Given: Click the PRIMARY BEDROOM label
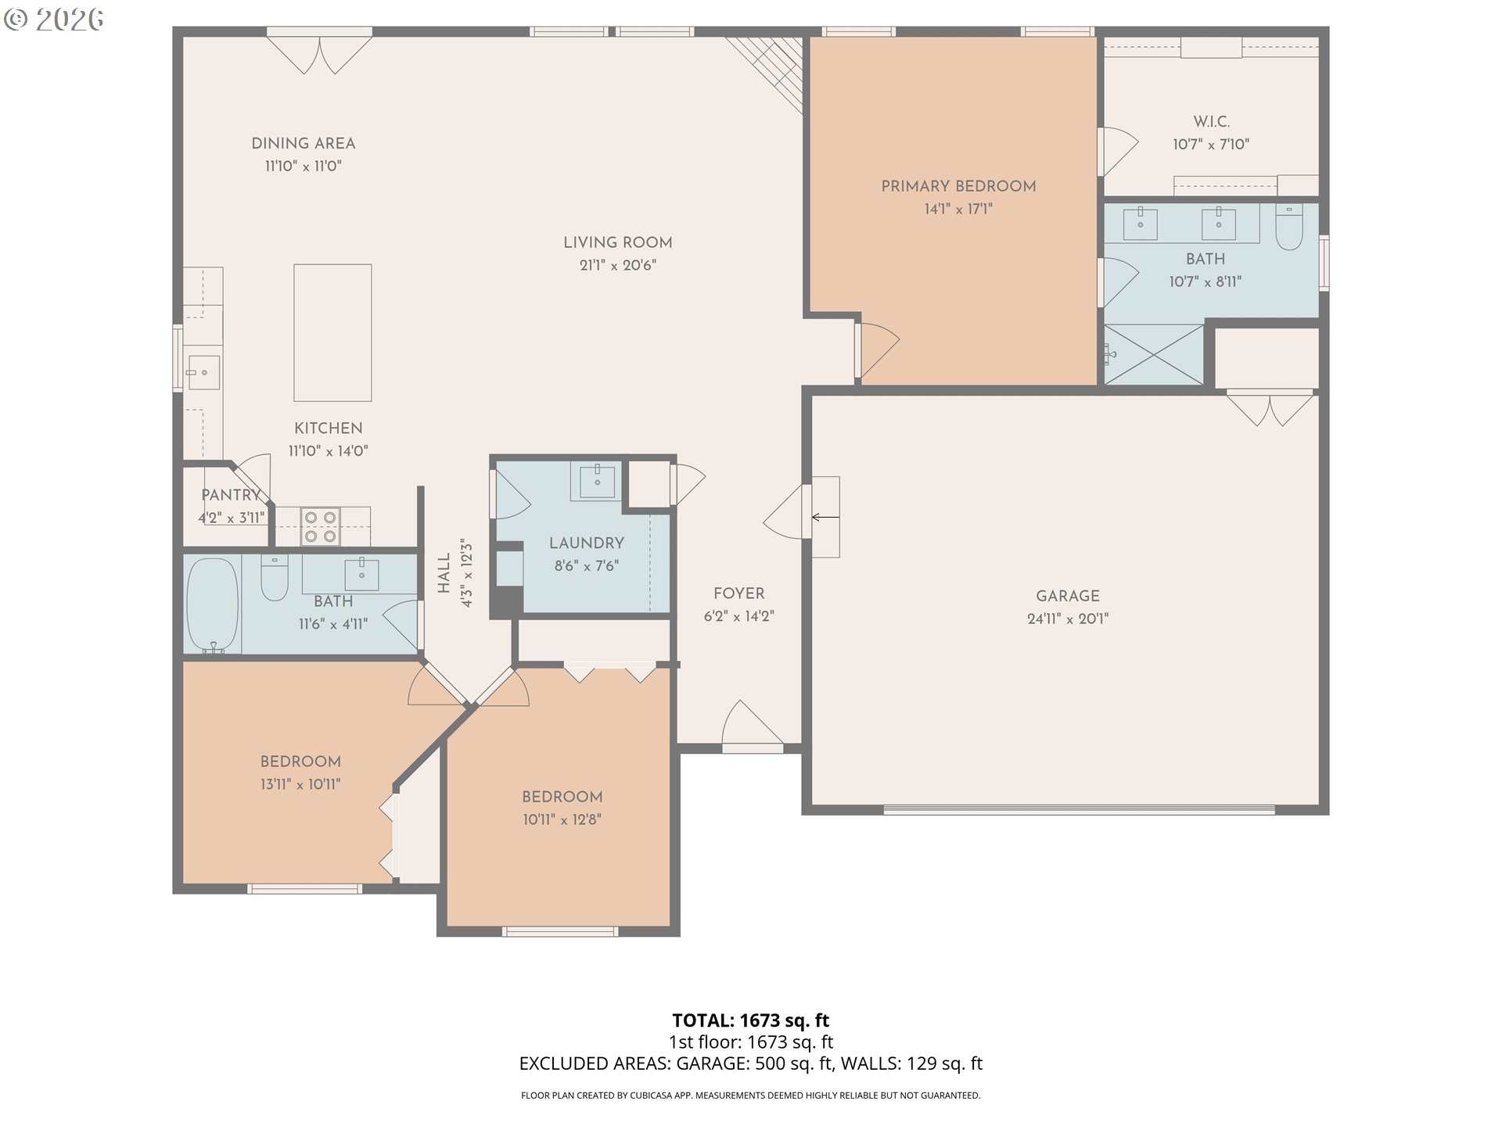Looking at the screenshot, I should click(958, 186).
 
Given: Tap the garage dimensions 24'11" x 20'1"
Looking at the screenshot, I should click(1067, 619).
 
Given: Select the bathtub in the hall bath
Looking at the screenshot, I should click(212, 604).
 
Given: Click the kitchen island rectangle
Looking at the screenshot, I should click(332, 332).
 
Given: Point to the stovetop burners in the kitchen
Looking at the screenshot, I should click(321, 526).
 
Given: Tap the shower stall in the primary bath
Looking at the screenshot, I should click(1153, 355).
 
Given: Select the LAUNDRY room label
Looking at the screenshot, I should click(586, 543).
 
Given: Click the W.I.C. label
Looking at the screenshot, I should click(1211, 121).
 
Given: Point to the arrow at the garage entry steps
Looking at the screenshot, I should click(825, 517).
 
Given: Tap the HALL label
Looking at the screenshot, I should click(444, 572).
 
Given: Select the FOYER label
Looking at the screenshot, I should click(738, 593).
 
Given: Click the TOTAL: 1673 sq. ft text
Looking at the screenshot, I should click(750, 1020).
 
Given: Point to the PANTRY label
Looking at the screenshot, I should click(230, 495).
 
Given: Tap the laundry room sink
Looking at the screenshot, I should click(597, 480).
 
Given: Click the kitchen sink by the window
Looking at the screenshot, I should click(203, 372).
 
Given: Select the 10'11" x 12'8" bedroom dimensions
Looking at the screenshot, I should click(562, 819).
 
